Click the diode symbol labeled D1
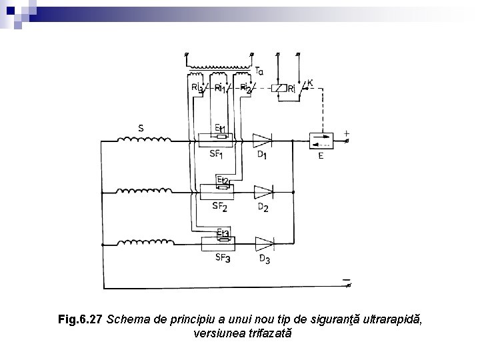263,141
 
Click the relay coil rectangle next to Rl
281,88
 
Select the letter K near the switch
310,83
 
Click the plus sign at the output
347,133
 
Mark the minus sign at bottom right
346,279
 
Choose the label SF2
220,207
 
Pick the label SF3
222,258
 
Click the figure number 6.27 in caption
91,320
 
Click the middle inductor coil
144,191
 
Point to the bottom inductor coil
144,243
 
